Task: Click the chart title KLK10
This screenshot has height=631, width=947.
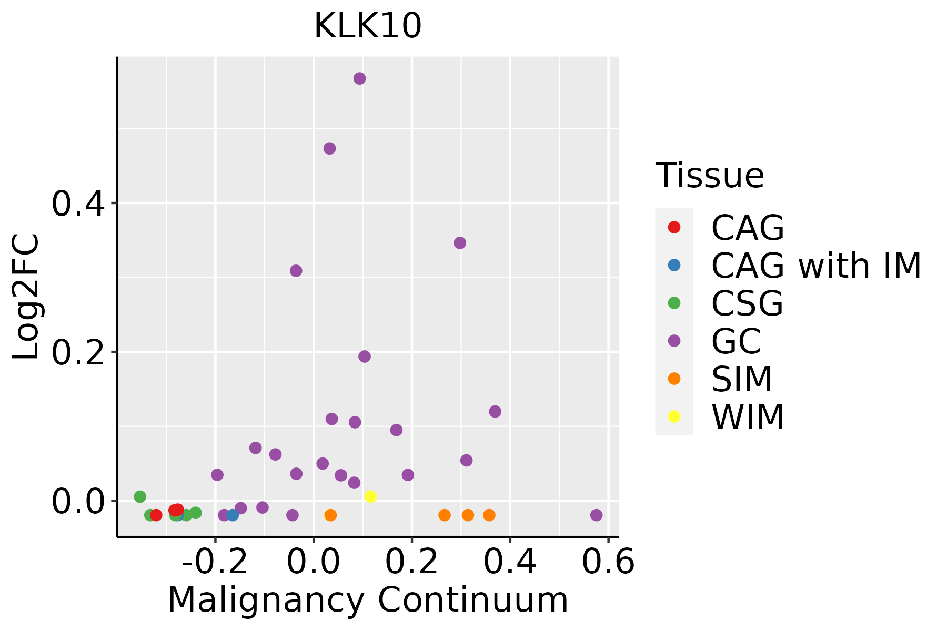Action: point(368,26)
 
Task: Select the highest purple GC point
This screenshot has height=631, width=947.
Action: point(360,79)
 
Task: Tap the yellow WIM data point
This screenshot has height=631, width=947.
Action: point(370,496)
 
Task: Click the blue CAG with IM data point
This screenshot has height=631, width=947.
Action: point(233,515)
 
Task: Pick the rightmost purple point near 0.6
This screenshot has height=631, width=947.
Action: point(596,515)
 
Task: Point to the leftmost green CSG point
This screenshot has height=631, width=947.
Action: point(140,496)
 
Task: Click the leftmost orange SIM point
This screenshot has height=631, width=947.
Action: point(330,515)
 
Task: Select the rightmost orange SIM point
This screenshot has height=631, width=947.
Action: point(489,515)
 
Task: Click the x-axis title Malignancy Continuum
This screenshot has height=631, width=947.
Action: point(368,601)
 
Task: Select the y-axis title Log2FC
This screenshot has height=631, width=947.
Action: point(26,297)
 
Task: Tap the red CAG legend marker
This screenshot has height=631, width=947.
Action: point(674,227)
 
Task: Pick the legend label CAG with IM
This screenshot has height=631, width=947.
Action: point(816,266)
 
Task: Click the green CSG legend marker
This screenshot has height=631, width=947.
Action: point(674,303)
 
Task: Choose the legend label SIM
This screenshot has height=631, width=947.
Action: point(742,379)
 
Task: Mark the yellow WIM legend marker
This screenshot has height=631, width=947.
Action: point(674,416)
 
